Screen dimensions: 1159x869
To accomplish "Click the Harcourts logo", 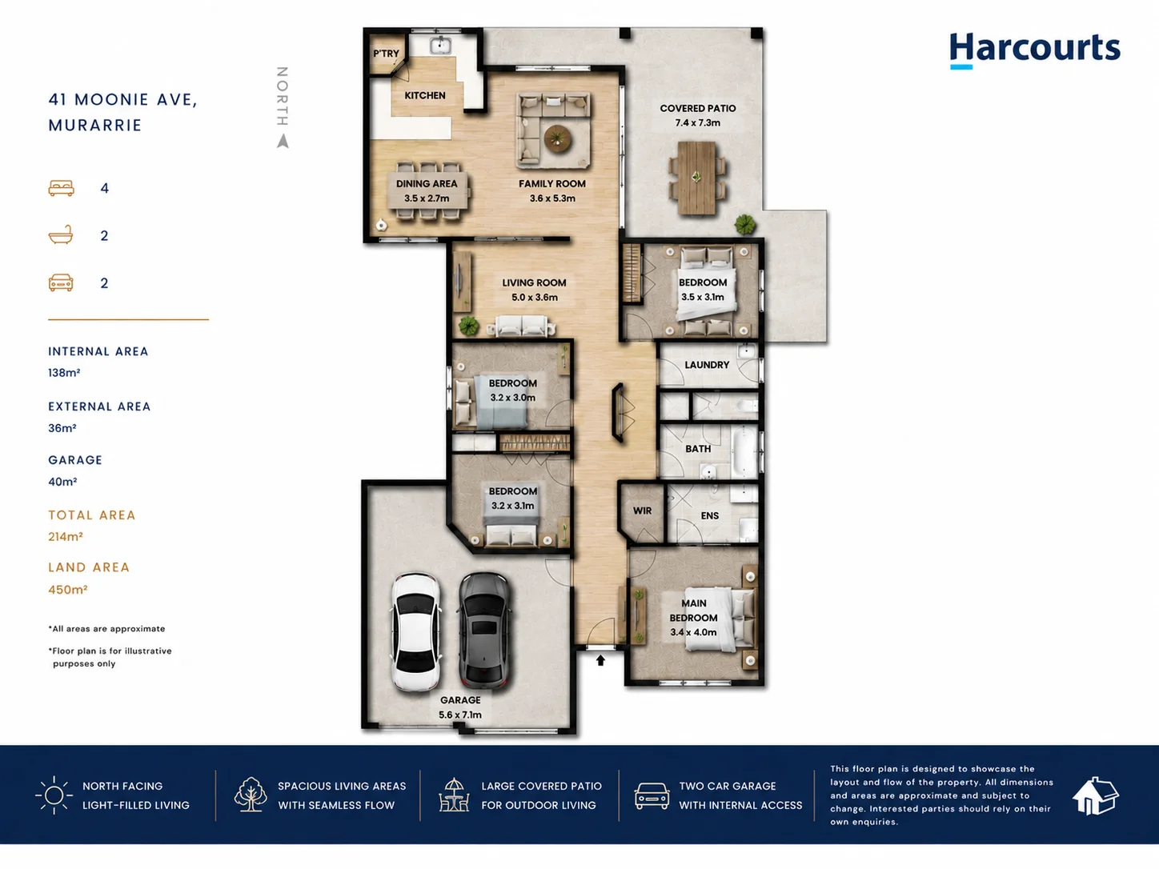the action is tap(1034, 50).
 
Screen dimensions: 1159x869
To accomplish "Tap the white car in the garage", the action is tap(416, 631).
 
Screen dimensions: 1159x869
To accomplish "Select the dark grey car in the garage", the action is tap(484, 631).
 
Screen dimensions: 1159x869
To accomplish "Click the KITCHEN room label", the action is tap(425, 95).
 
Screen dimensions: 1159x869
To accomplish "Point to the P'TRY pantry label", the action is tap(386, 54).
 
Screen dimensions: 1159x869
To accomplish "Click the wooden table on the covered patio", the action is tap(696, 178).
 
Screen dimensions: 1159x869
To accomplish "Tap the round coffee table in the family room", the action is tap(558, 138).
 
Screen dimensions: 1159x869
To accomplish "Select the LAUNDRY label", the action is tap(707, 365).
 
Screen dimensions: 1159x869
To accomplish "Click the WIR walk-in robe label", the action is tap(642, 511).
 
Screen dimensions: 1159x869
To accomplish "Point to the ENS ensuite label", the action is tap(710, 515).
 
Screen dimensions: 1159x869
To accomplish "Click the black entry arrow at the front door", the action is tap(600, 660).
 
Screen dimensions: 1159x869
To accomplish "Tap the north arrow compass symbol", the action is tap(283, 141).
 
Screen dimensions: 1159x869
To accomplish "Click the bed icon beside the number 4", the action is tap(62, 188).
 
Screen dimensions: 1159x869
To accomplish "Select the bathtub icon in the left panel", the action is tap(61, 234).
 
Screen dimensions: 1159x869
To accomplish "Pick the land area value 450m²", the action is tap(67, 590).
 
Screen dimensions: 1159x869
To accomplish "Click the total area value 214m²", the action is tap(66, 537).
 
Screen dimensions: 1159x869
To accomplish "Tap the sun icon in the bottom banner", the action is tap(54, 795).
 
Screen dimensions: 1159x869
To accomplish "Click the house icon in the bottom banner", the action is tap(1095, 795).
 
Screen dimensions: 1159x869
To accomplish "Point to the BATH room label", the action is tap(698, 448).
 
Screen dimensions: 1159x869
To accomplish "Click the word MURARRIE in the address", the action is tap(95, 125).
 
